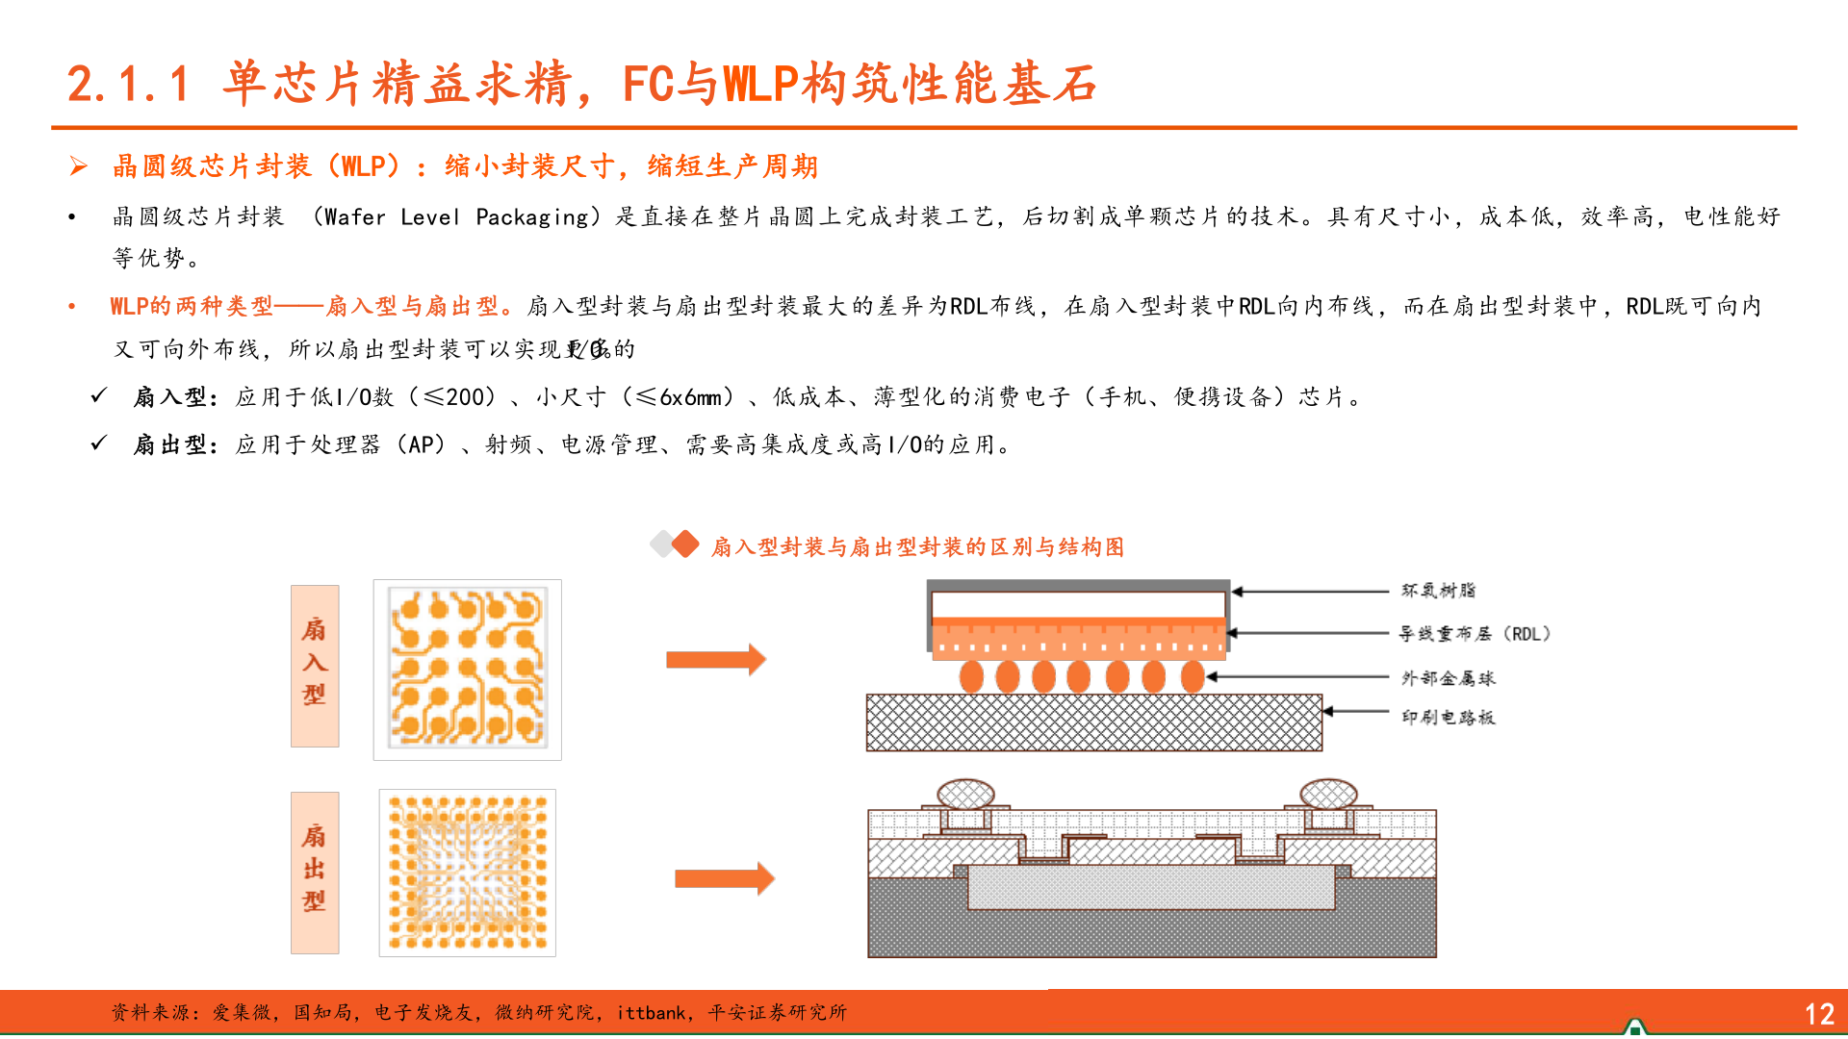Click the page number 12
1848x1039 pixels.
pyautogui.click(x=1818, y=1014)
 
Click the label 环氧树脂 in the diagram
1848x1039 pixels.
pyautogui.click(x=1438, y=591)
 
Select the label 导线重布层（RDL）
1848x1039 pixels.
pyautogui.click(x=1474, y=634)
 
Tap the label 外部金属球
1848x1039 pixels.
pyautogui.click(x=1448, y=678)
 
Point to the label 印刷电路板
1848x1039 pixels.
pyautogui.click(x=1448, y=717)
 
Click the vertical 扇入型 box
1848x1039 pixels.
pyautogui.click(x=315, y=666)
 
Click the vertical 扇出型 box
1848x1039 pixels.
pyautogui.click(x=315, y=873)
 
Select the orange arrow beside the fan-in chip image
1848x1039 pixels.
pyautogui.click(x=715, y=660)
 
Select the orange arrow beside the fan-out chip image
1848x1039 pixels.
pyautogui.click(x=724, y=878)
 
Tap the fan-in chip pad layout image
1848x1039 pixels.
pyautogui.click(x=467, y=670)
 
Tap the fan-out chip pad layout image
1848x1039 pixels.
pyautogui.click(x=467, y=873)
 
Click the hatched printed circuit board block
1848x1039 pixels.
pyautogui.click(x=1093, y=722)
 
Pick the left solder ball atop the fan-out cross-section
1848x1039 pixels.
pyautogui.click(x=965, y=794)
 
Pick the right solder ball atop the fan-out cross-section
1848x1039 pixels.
pyautogui.click(x=1328, y=794)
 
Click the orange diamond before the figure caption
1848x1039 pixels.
pyautogui.click(x=684, y=545)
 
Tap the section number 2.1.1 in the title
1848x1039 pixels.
pyautogui.click(x=128, y=84)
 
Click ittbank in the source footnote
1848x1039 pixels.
pyautogui.click(x=651, y=1013)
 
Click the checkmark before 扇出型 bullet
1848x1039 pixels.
pyautogui.click(x=98, y=443)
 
